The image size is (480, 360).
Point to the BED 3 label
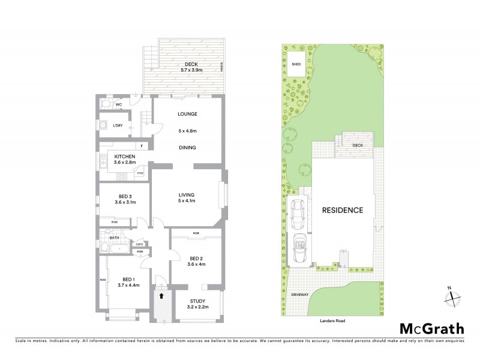[125, 196]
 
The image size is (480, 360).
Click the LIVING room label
[188, 194]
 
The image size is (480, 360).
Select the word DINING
[188, 148]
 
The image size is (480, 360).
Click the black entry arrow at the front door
[160, 295]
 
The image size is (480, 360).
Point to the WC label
[119, 104]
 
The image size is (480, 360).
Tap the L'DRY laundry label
[119, 125]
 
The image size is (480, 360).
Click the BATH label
[114, 238]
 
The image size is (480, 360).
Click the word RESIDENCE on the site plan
[343, 211]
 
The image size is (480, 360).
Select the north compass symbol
[454, 295]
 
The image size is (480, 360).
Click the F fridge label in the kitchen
[142, 146]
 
